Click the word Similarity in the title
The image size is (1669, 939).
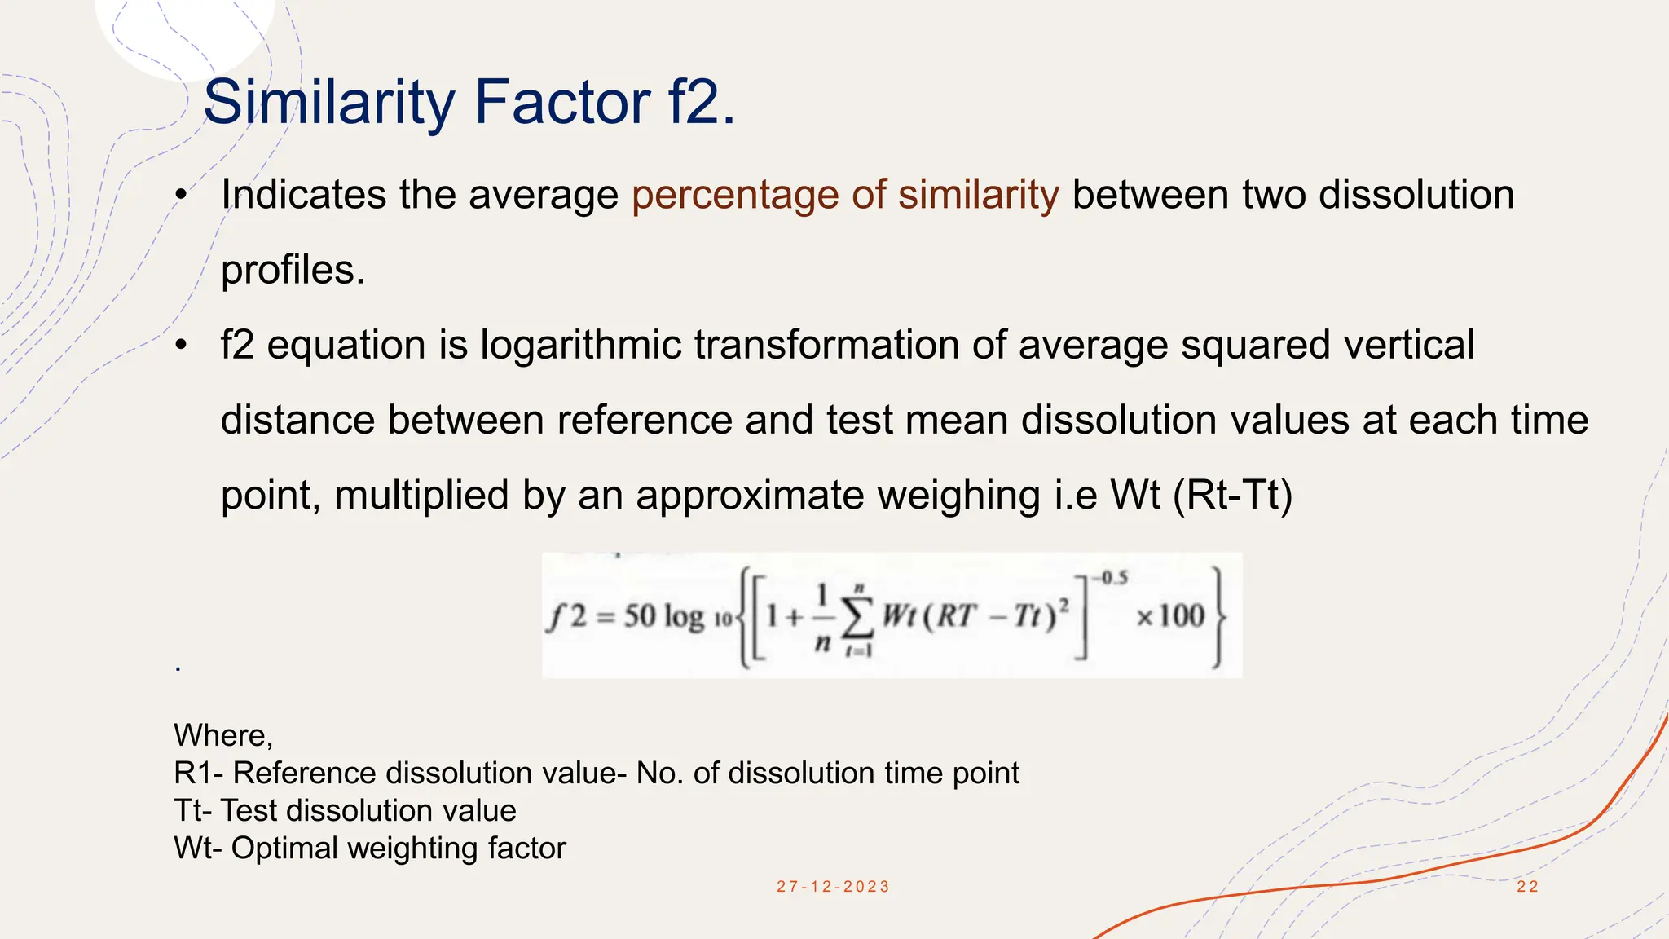[328, 103]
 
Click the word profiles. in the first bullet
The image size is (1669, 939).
[293, 271]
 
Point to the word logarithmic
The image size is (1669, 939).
[580, 345]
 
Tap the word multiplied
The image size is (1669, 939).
[421, 496]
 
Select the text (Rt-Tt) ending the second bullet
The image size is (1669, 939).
[1232, 496]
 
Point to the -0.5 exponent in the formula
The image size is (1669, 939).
[1111, 579]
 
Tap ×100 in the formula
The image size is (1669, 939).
[1170, 615]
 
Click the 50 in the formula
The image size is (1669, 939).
[640, 615]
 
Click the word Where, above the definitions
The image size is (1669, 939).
[223, 736]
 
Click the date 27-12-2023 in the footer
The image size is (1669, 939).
[833, 887]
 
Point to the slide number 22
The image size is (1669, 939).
[1527, 887]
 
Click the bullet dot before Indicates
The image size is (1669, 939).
[181, 196]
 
